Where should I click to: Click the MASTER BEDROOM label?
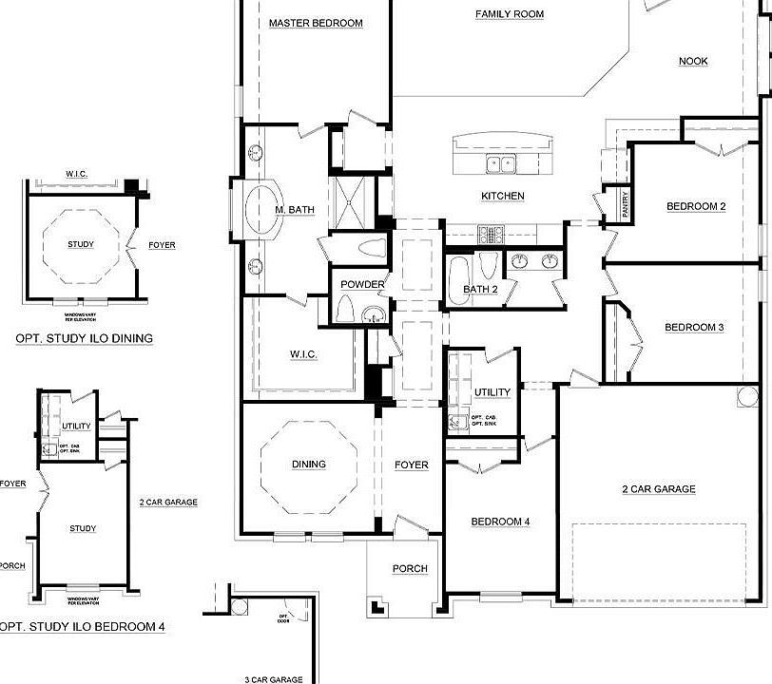click(x=315, y=23)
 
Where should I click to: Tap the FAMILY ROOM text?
click(x=510, y=14)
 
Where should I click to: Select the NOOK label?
click(x=693, y=62)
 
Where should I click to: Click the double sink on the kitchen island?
click(x=501, y=164)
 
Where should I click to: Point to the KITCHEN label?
click(x=502, y=196)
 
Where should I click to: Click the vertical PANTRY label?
click(x=625, y=204)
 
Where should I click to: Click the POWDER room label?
click(x=361, y=284)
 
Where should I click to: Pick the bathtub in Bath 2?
click(x=458, y=281)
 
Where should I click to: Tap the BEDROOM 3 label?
click(x=694, y=328)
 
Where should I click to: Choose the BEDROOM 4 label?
click(x=500, y=522)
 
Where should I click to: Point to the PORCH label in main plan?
click(x=410, y=569)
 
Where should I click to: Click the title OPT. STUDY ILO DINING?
click(x=84, y=338)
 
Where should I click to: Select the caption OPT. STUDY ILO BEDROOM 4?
click(x=84, y=627)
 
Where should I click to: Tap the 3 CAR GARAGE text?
click(x=273, y=679)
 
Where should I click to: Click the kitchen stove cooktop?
click(x=490, y=232)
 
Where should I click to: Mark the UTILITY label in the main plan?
click(x=492, y=392)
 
